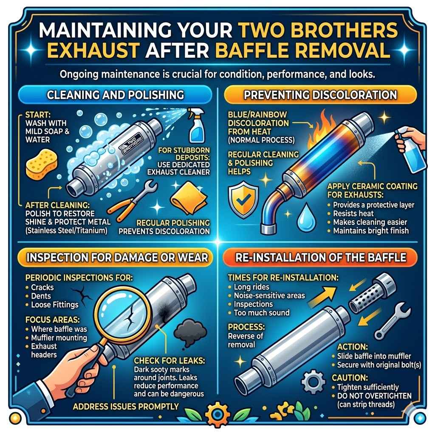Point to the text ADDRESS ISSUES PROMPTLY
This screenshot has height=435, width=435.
[125, 406]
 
